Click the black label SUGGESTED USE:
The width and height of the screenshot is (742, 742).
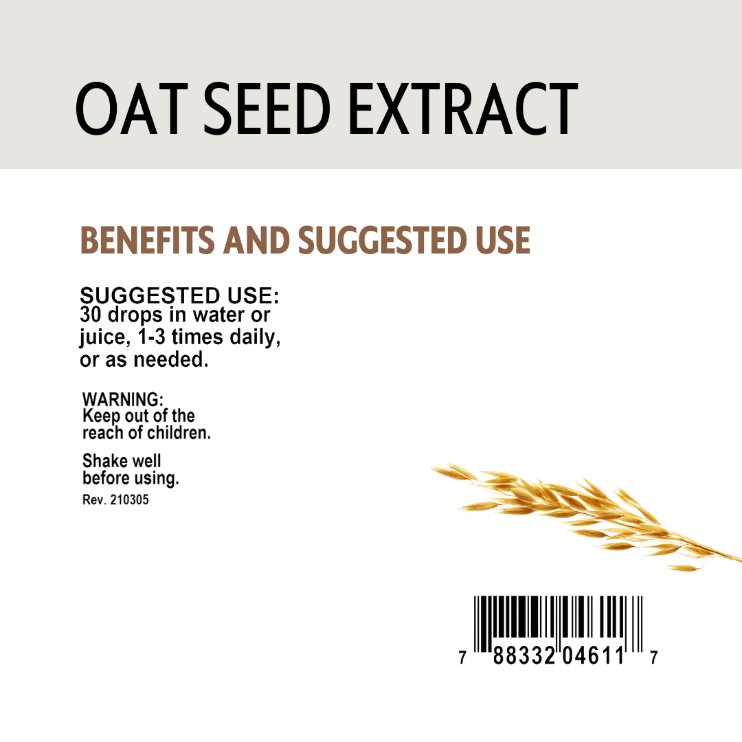pos(179,296)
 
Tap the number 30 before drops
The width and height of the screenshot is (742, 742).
pos(91,315)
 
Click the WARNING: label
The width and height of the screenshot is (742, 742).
pos(123,399)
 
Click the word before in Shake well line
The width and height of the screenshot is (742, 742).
pos(107,478)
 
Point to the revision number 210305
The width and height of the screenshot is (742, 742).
pos(128,499)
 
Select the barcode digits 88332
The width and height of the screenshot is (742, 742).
pos(526,657)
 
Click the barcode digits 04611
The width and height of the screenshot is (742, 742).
pos(594,657)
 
